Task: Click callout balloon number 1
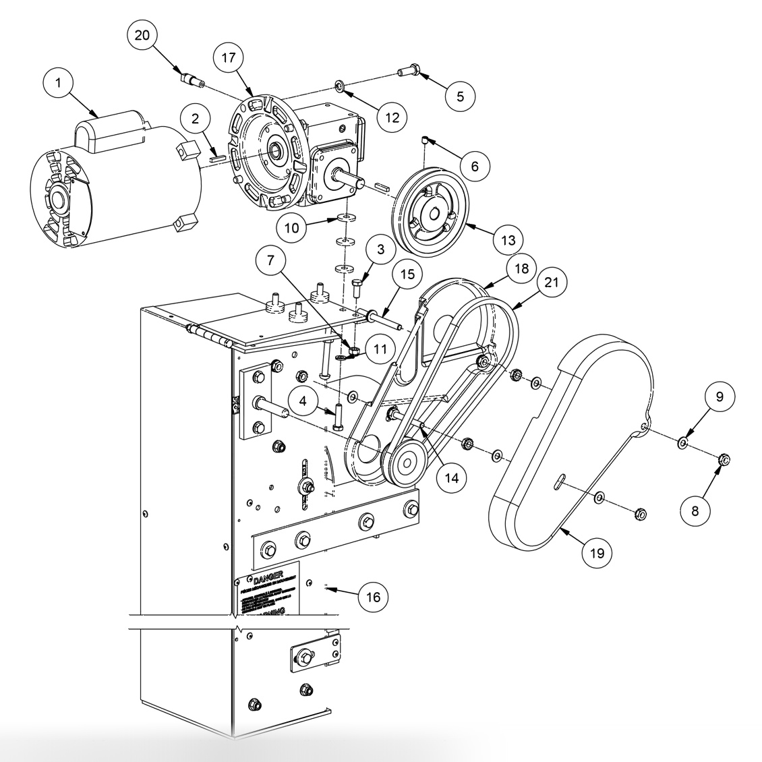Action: (x=59, y=83)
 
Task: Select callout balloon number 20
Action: (x=143, y=36)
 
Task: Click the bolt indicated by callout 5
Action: (x=409, y=69)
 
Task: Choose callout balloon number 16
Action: (x=373, y=597)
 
